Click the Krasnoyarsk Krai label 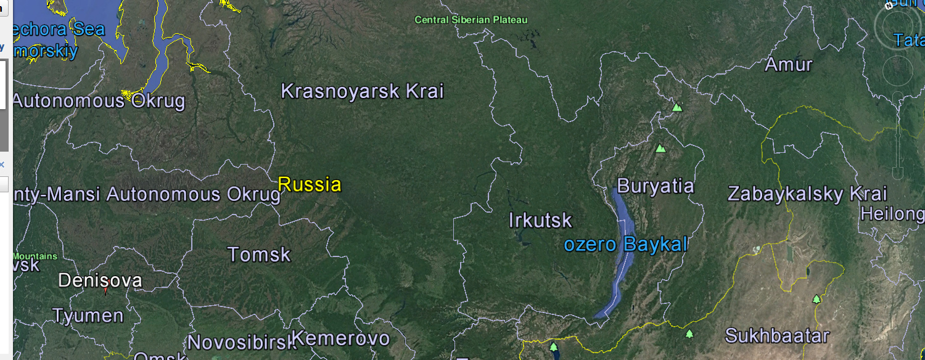click(x=362, y=91)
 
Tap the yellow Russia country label click(x=309, y=184)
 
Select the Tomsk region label click(x=259, y=254)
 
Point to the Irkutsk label click(x=540, y=220)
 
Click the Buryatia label click(x=655, y=186)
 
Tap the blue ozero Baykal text click(x=625, y=245)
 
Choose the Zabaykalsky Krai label click(x=807, y=194)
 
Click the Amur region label click(x=789, y=64)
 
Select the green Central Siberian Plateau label click(x=471, y=20)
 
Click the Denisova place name click(x=100, y=280)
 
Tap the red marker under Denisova click(x=105, y=290)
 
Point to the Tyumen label click(x=88, y=316)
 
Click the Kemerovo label click(x=340, y=338)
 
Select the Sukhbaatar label click(x=776, y=336)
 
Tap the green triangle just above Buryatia click(x=660, y=149)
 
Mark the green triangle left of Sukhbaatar click(x=689, y=334)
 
